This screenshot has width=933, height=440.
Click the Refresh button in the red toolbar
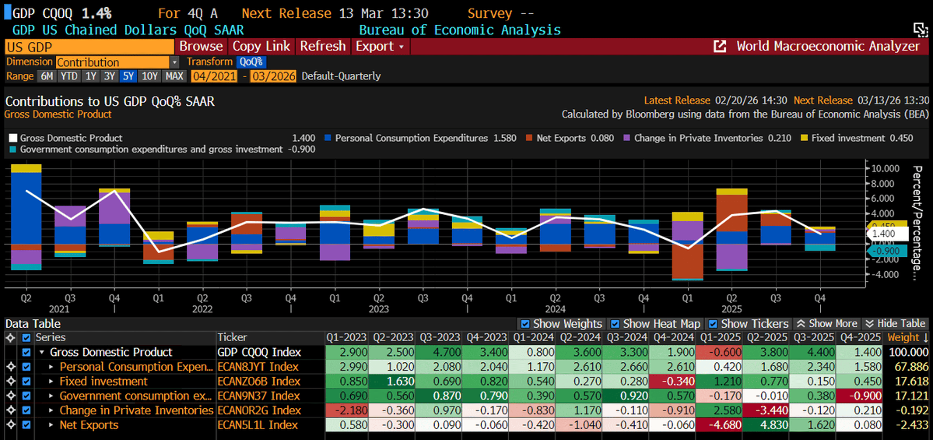322,46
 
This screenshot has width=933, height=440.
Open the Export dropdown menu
379,46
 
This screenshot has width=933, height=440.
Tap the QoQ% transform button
251,62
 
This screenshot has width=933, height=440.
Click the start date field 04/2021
214,76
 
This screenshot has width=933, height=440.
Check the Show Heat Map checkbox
615,324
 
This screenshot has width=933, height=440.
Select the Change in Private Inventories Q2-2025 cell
767,410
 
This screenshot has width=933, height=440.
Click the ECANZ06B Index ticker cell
259,381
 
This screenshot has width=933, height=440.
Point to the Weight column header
903,337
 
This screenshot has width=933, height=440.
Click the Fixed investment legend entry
847,138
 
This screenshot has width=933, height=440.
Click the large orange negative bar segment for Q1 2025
687,261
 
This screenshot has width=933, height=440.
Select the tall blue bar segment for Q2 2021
26,208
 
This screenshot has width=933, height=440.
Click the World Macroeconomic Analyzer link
827,46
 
